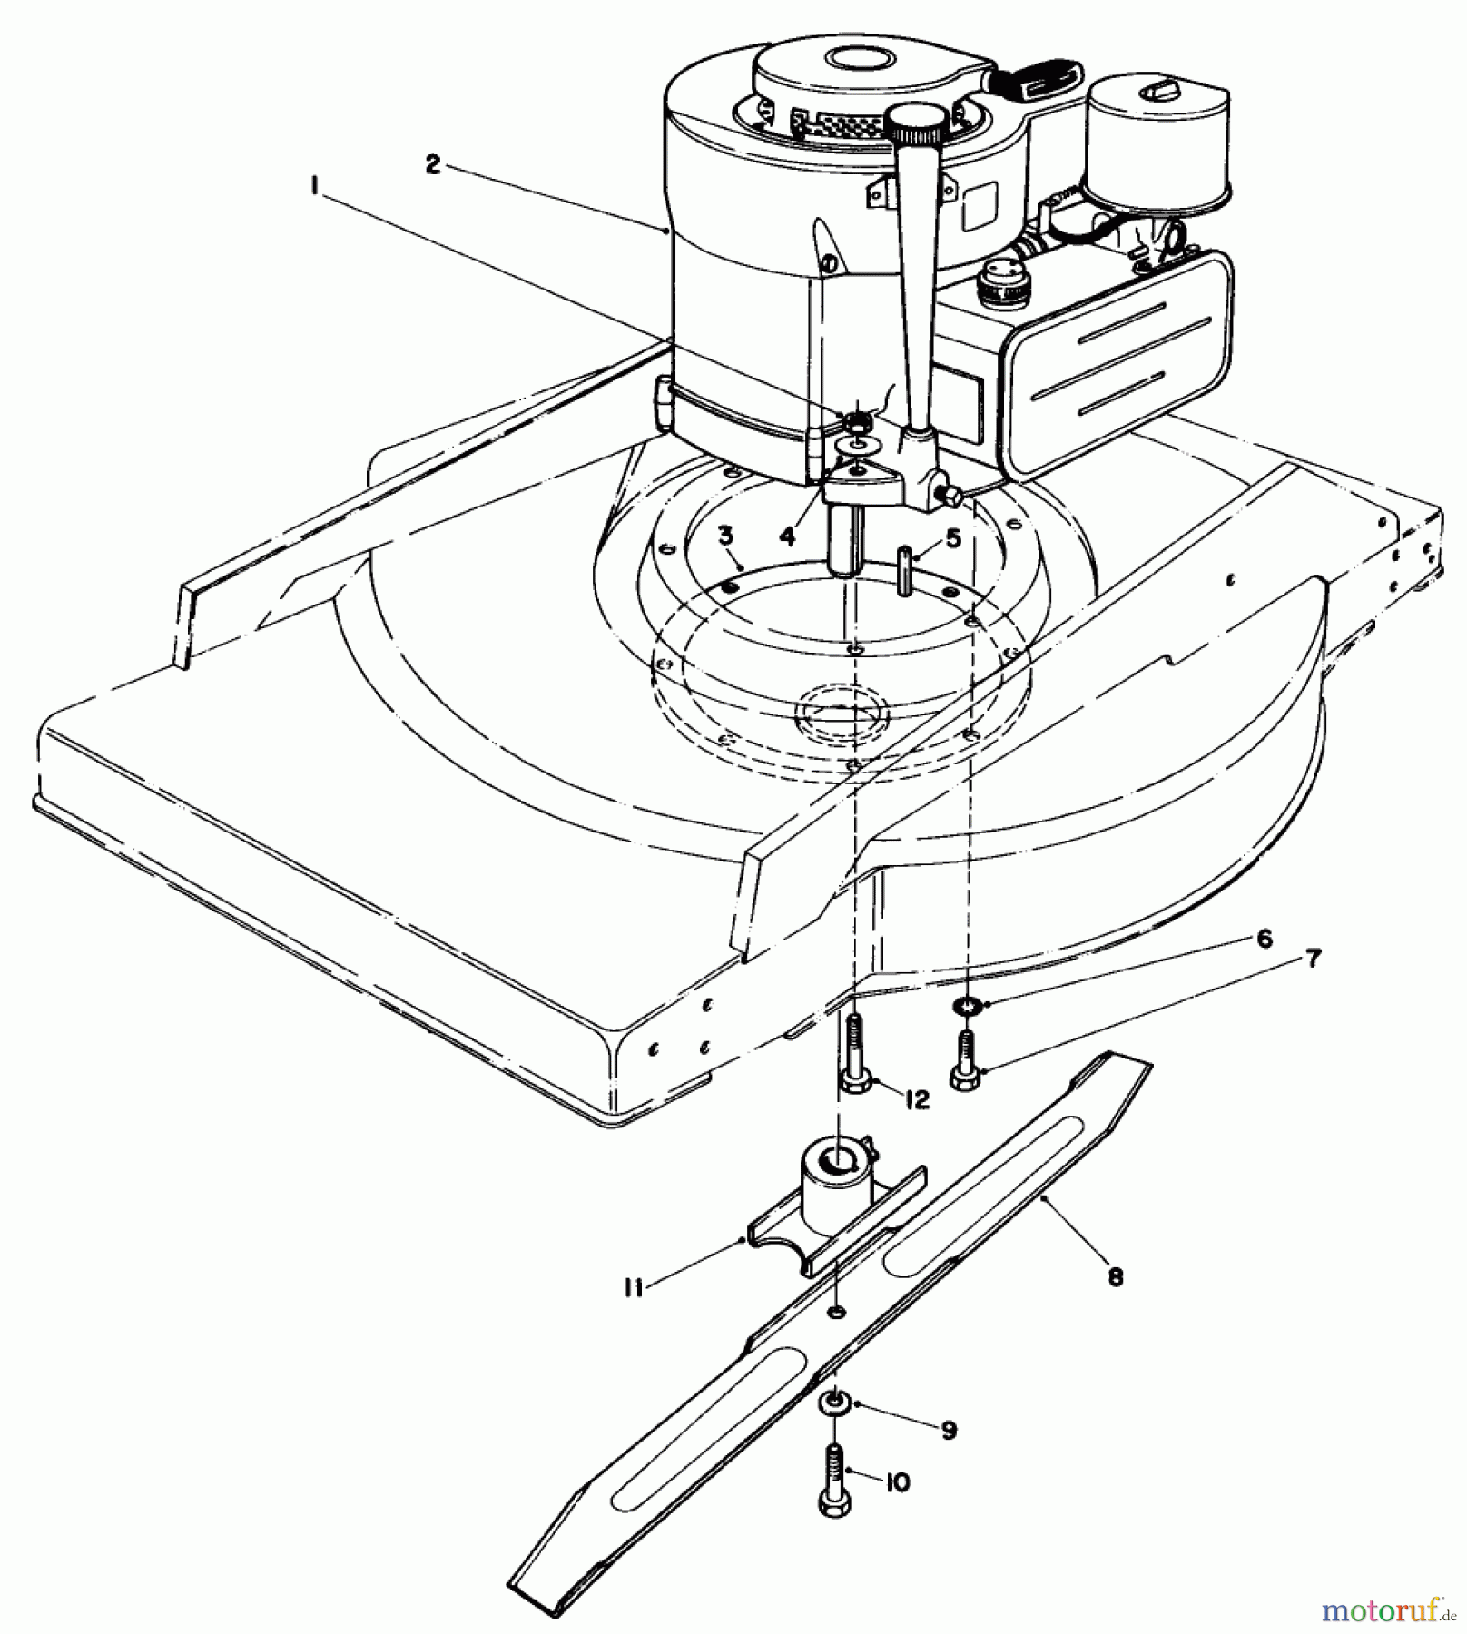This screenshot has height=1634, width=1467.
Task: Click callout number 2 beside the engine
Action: coord(433,165)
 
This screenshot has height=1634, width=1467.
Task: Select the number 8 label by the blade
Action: coord(1116,1277)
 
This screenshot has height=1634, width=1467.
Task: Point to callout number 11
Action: coord(633,1287)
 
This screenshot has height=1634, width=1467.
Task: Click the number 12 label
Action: coord(918,1100)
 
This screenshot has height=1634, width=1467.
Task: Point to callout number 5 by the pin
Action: coord(952,539)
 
